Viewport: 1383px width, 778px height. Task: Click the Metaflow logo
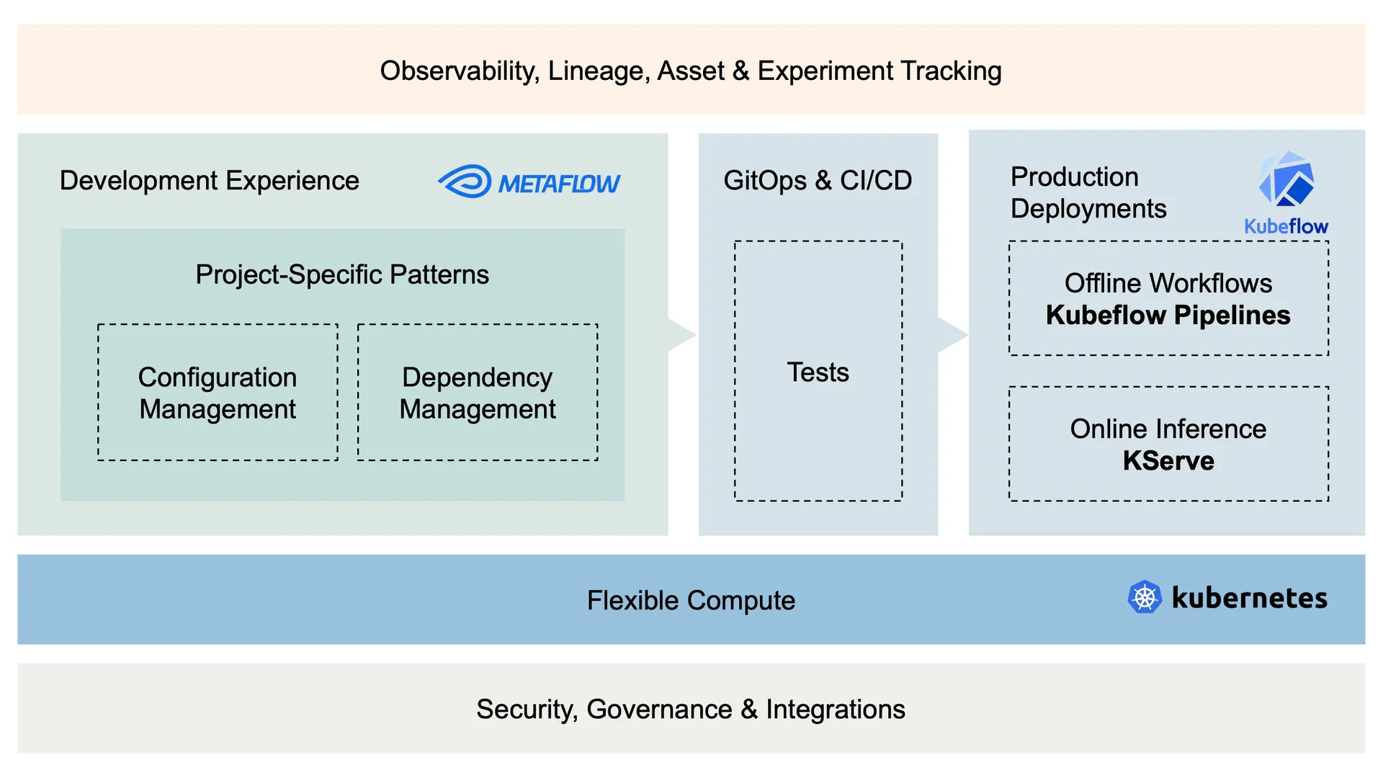coord(529,182)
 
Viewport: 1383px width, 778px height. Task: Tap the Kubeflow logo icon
coord(1286,180)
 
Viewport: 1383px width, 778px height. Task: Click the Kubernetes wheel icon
coord(1144,597)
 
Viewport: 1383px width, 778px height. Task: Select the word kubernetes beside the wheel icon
coord(1249,598)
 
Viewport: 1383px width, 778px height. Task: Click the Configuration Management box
coord(218,393)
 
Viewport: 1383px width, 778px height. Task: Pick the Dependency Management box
coord(478,393)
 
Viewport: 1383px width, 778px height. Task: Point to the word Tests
coord(818,372)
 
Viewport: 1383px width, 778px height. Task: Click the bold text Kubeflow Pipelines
coord(1168,316)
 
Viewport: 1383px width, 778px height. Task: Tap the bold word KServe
coord(1168,461)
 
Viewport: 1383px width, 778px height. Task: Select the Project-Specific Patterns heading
coord(342,274)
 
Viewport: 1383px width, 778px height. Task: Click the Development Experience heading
coord(209,181)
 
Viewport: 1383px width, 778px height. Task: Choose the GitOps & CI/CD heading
coord(818,180)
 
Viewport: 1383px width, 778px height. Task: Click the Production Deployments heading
coord(1088,192)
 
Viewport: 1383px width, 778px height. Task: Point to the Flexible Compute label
coord(691,600)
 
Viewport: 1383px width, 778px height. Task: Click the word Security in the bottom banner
coord(526,710)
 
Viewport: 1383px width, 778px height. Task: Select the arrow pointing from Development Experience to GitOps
coord(681,334)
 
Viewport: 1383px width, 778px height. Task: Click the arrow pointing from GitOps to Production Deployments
coord(952,334)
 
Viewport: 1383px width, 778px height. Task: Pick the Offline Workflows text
coord(1168,283)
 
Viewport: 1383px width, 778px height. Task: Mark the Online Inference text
coord(1168,429)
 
